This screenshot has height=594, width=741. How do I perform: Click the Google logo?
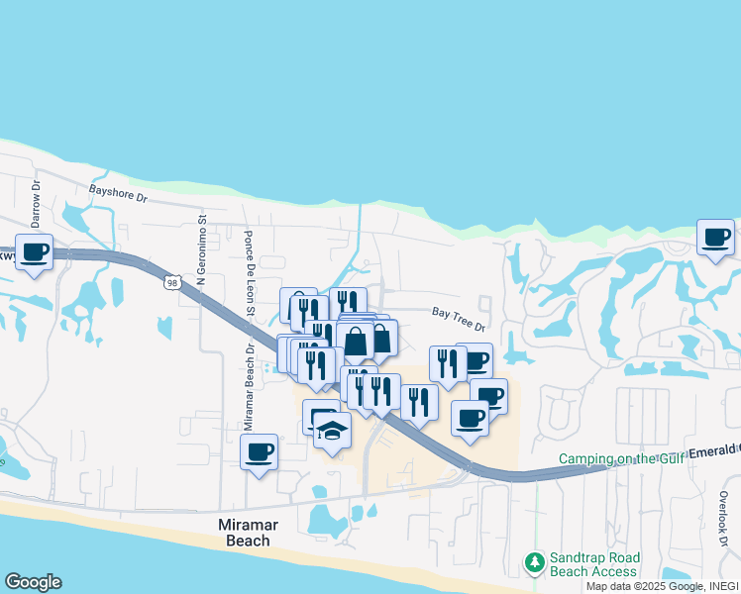(33, 582)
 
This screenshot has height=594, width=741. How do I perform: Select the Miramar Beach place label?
(243, 534)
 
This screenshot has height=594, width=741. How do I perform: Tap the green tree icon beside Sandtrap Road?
(535, 563)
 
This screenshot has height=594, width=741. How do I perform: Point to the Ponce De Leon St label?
(250, 275)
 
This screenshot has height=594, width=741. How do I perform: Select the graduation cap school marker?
(333, 431)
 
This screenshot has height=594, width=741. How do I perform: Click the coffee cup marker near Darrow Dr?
(35, 252)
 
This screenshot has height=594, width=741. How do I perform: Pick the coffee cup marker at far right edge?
(715, 237)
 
